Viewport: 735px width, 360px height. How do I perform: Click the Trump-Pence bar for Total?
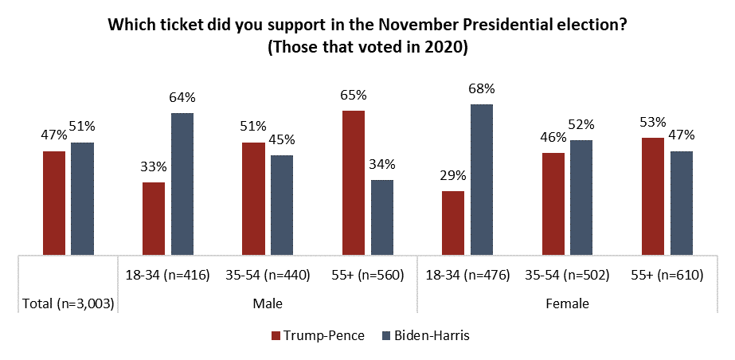tap(54, 203)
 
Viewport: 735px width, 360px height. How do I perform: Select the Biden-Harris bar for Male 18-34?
tap(182, 184)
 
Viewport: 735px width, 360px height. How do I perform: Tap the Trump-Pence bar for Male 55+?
tap(354, 183)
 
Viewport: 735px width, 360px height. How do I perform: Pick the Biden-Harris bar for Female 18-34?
tap(482, 180)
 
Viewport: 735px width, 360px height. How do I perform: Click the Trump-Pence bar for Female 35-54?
tap(553, 204)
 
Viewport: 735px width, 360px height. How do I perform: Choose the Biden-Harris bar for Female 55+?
tap(681, 203)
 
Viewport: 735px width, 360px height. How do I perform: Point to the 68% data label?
tap(482, 88)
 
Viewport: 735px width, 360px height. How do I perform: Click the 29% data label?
tap(453, 176)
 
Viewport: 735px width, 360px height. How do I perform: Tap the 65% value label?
tap(354, 96)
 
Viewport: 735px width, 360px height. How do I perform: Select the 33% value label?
tap(154, 167)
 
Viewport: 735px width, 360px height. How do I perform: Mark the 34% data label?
tap(382, 165)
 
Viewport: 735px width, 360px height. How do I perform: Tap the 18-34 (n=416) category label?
tap(167, 276)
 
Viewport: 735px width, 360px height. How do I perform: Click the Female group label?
tap(566, 303)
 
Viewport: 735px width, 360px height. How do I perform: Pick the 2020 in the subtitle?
tap(443, 47)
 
